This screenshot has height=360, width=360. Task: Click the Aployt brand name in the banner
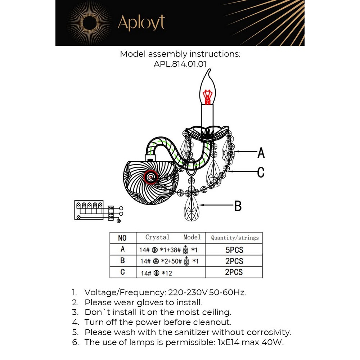point(141,23)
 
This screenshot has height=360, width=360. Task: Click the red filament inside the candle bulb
point(207,96)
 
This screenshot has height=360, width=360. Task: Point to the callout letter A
point(261,153)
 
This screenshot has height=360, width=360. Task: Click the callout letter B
point(238,206)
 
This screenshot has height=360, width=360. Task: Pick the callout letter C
point(261,172)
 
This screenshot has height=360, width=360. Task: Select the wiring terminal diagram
point(97,210)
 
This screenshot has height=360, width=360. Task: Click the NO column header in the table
point(122,238)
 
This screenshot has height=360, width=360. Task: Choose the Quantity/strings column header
point(234,238)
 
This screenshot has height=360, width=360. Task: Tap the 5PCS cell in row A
point(234,250)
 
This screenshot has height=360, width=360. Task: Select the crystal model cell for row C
point(170,273)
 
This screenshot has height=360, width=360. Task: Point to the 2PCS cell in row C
point(234,272)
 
